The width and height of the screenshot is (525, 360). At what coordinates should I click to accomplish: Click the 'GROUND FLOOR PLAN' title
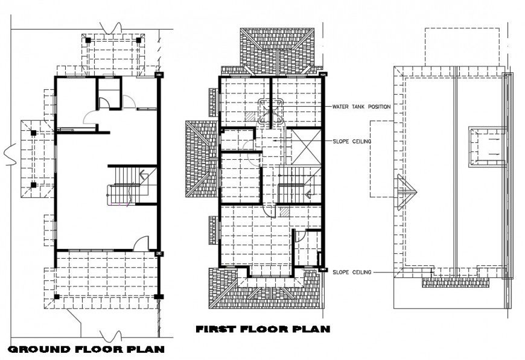point(86,349)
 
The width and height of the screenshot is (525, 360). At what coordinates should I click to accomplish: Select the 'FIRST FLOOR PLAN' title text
point(262,329)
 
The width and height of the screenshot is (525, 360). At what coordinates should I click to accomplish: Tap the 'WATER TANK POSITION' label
point(361,107)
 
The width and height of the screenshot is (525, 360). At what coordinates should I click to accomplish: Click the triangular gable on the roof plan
point(406,192)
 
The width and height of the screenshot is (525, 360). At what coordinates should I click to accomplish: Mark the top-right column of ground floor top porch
point(140,40)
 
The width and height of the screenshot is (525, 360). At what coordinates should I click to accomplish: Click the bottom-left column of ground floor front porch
point(57,297)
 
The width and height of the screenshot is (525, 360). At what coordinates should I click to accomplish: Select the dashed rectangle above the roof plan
point(462,46)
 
